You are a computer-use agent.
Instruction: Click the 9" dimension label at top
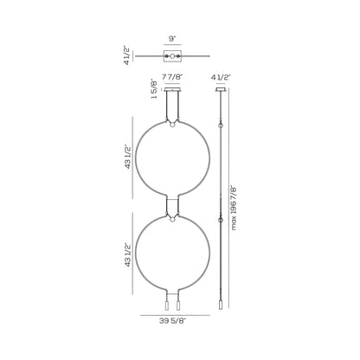tap(172, 39)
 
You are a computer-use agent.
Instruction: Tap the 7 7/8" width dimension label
tap(172, 77)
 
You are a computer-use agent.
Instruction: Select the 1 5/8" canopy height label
tap(154, 89)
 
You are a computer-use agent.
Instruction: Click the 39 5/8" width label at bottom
tap(173, 320)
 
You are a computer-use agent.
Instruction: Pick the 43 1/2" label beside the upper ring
tap(128, 158)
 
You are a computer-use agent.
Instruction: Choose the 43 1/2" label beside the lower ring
tap(128, 255)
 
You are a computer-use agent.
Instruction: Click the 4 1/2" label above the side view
tap(222, 77)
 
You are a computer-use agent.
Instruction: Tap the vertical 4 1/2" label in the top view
tap(127, 55)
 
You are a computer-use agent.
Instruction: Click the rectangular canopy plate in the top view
tap(172, 56)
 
